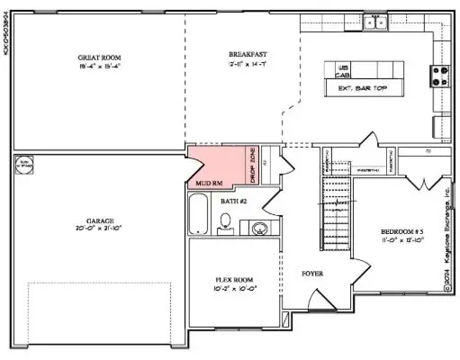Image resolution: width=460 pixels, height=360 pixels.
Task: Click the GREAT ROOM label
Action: coord(93,58)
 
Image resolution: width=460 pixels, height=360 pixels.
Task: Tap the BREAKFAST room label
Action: coord(243,57)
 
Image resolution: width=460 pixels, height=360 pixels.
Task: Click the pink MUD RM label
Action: coord(209,183)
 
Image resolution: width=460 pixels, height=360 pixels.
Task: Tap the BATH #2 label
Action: coord(233,201)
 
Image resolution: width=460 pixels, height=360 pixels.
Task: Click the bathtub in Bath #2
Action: coord(198,216)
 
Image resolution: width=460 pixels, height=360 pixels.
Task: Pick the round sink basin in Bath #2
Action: coord(259,225)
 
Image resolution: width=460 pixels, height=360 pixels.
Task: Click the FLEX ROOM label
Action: coord(238,279)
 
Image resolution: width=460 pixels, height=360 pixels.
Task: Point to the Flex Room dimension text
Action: coord(238,290)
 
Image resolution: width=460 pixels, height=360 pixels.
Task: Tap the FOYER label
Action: coord(312,273)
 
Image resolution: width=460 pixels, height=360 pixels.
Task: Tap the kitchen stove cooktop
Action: coord(442,76)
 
